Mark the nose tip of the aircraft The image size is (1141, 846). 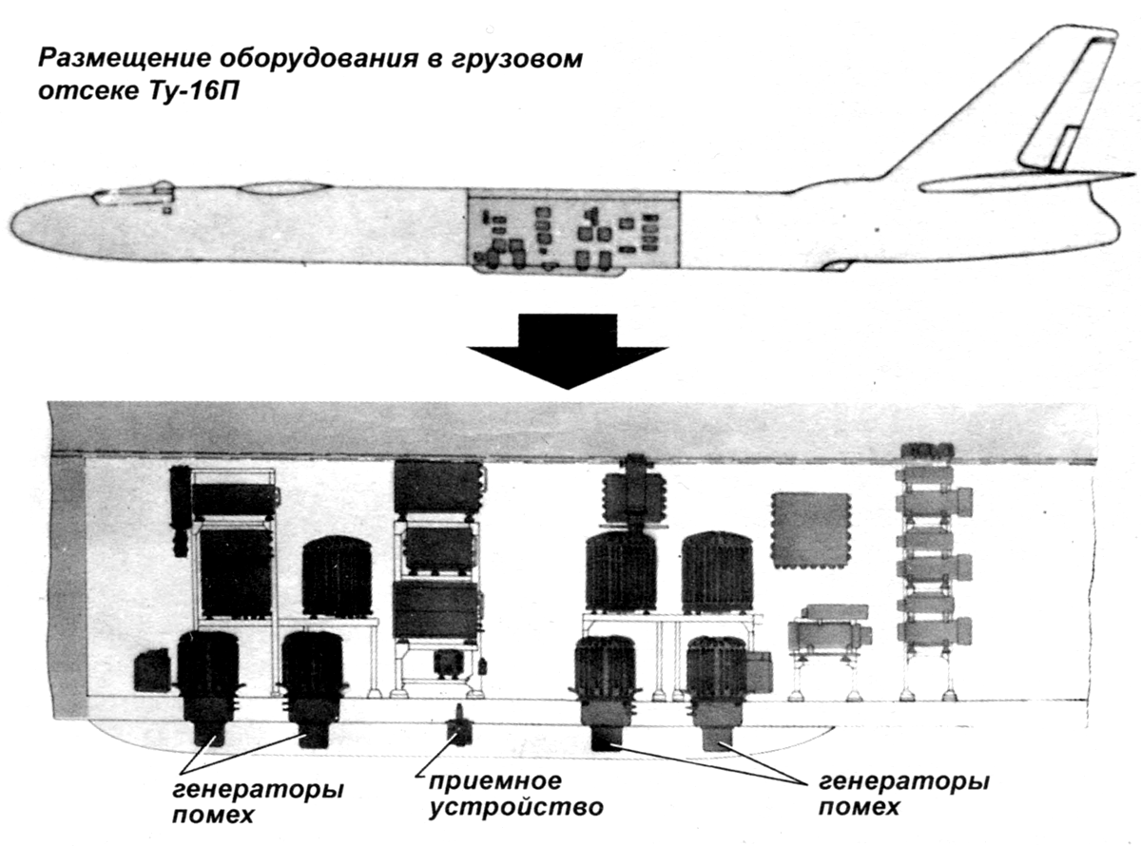coord(21,224)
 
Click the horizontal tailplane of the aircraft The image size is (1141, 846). coord(1027,182)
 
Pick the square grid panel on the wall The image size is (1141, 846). coord(809,529)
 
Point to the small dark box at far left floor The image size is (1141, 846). coord(152,669)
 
